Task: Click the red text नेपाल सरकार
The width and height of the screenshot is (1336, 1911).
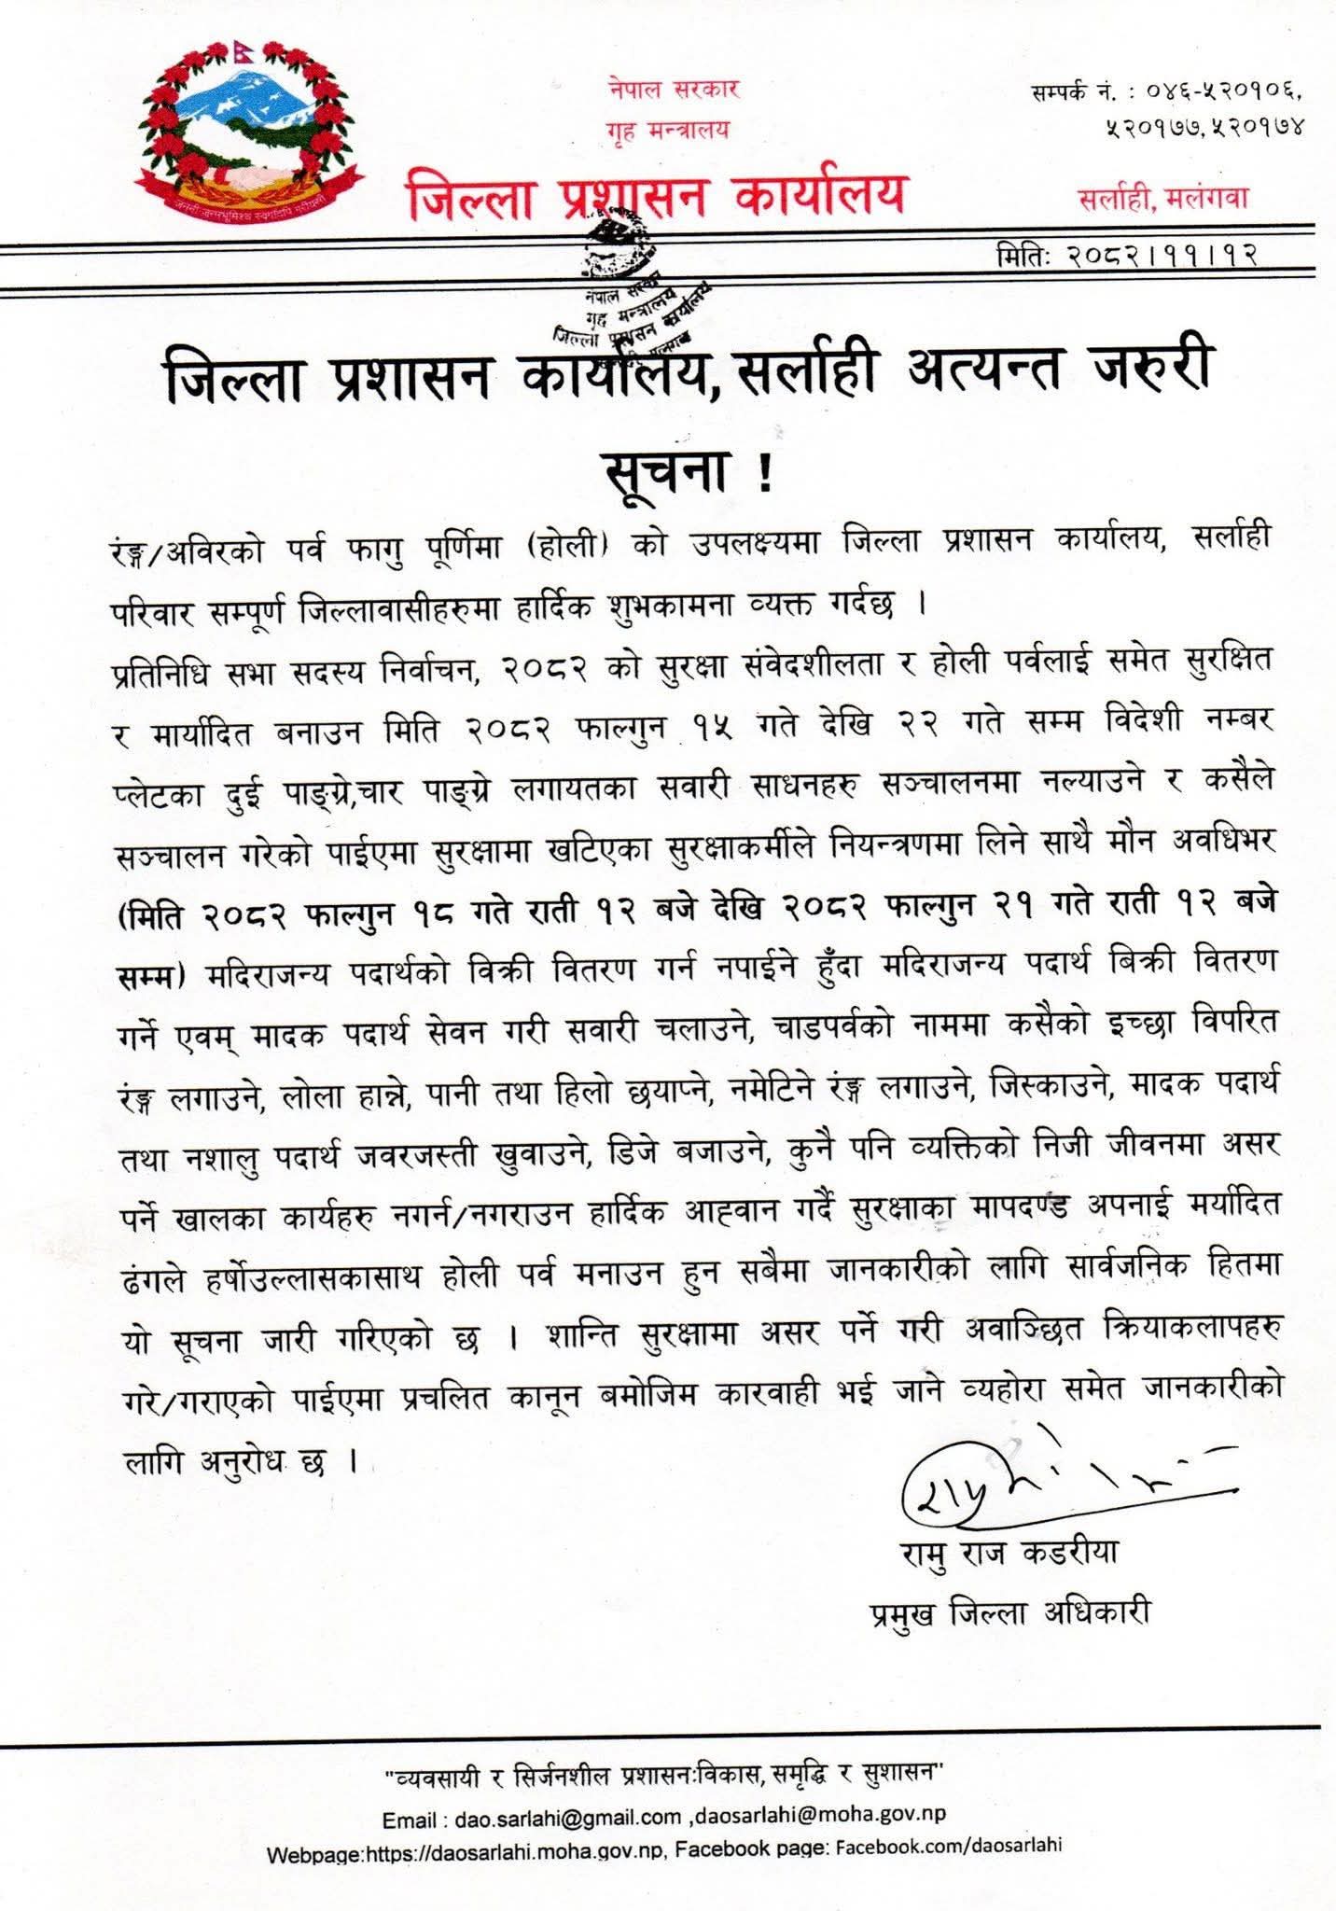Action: [x=673, y=90]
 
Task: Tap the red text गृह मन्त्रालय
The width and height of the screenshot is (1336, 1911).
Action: [x=666, y=130]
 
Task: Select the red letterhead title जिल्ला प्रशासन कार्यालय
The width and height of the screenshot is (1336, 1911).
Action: [x=655, y=194]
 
